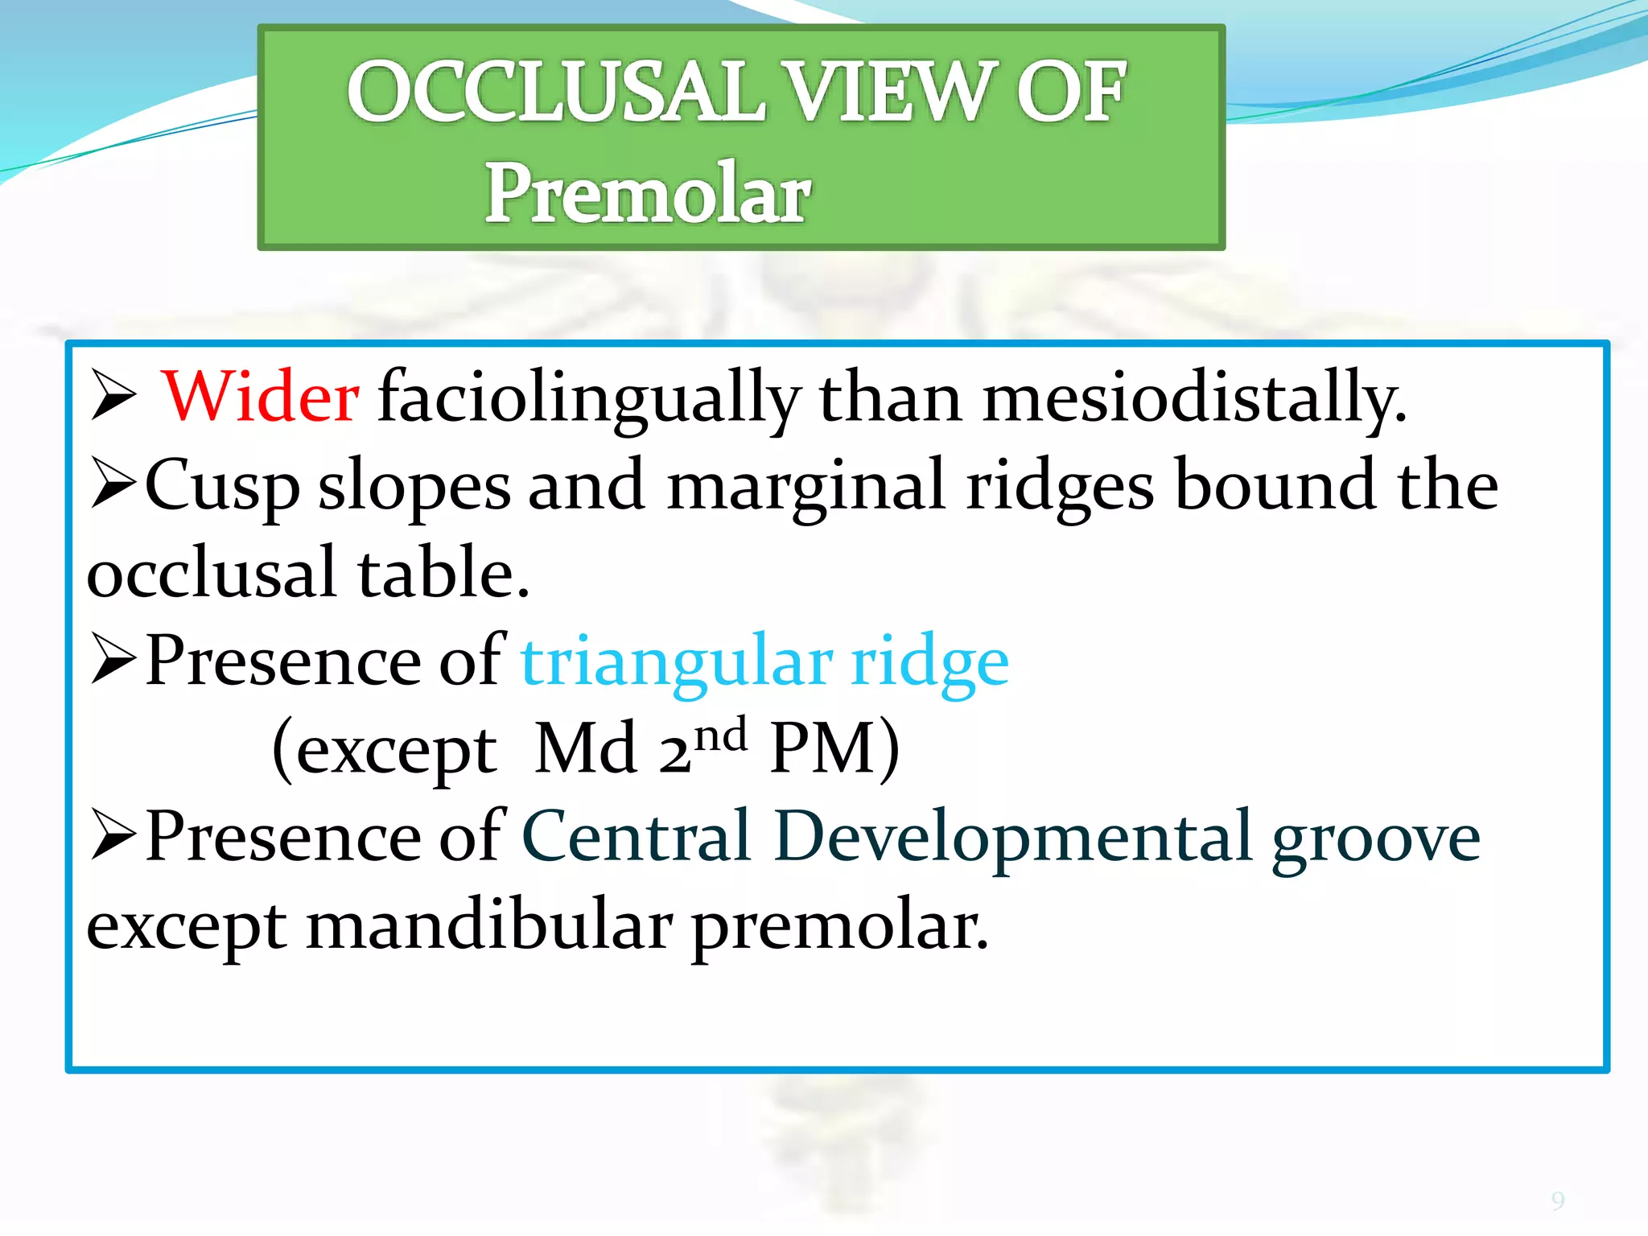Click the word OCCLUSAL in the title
point(555,93)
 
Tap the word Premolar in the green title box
point(648,193)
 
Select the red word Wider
point(260,397)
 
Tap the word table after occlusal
point(443,573)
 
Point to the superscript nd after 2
point(722,735)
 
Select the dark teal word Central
point(637,837)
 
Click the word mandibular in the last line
point(489,925)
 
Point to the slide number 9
point(1558,1201)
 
